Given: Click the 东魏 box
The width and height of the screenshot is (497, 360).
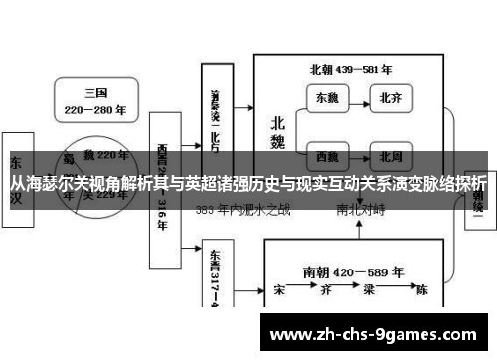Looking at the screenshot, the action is click(x=327, y=98).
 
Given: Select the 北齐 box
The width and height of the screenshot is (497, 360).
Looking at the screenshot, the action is click(x=389, y=98).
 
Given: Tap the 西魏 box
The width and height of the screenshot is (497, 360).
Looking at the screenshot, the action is click(x=327, y=155).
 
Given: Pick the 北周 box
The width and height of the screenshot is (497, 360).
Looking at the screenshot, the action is click(x=389, y=155).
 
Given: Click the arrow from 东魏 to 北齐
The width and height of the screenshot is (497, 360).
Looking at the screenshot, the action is click(x=358, y=98).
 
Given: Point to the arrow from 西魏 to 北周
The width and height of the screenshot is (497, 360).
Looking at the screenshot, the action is click(x=358, y=155).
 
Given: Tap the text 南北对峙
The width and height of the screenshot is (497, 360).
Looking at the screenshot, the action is click(x=361, y=210).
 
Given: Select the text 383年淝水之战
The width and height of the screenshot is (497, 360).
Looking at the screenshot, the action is click(x=243, y=210).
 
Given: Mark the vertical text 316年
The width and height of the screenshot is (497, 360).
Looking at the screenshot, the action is click(x=161, y=218).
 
